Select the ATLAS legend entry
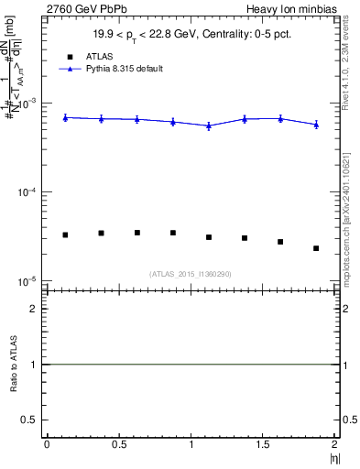coord(88,56)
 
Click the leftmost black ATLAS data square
coord(65,235)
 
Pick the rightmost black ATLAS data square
coord(316,248)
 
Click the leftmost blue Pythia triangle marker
coord(65,117)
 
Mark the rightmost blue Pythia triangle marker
coord(316,125)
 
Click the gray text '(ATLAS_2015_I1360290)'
coord(192,274)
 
